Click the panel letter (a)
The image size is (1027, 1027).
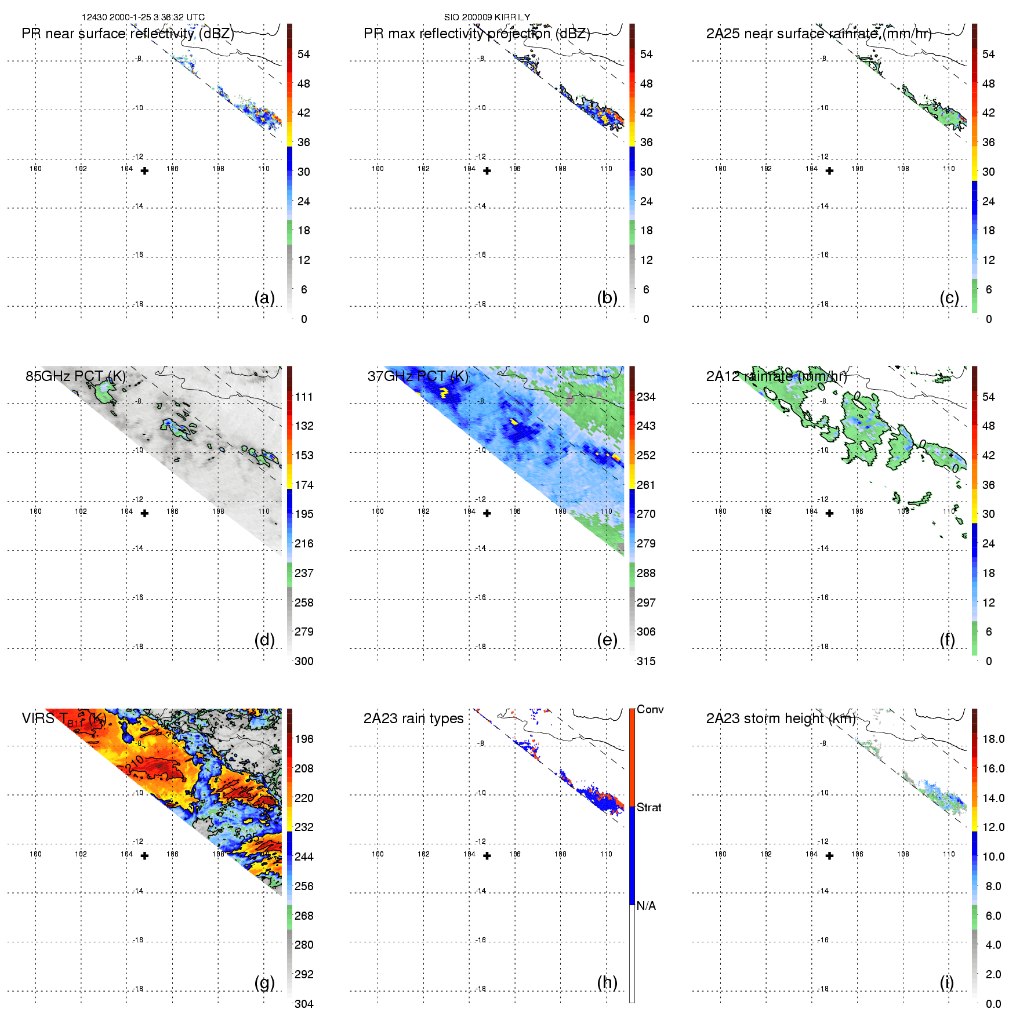(x=264, y=297)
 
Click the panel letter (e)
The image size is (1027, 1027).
(x=607, y=640)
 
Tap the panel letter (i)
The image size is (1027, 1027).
(x=946, y=982)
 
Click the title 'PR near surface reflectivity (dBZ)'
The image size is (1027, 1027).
(x=128, y=34)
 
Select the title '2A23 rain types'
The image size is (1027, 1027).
(x=413, y=718)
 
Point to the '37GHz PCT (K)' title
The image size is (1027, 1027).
(x=418, y=376)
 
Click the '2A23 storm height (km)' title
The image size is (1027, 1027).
(x=781, y=718)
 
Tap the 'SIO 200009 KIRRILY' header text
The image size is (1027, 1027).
(x=487, y=17)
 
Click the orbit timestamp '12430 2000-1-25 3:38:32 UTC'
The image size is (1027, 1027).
(x=143, y=17)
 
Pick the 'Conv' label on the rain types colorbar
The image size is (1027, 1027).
(x=650, y=709)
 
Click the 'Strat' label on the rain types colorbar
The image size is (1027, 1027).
(x=649, y=807)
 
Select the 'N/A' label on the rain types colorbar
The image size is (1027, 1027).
(x=646, y=906)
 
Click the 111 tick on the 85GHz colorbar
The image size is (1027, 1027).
(x=304, y=397)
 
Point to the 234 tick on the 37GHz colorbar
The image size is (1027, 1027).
(x=646, y=397)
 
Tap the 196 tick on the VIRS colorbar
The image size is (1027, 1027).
(x=304, y=739)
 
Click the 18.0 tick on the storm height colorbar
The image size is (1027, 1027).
(x=993, y=739)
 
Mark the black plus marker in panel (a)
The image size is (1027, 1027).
(x=145, y=171)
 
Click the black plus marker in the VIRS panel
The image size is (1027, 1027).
(x=145, y=856)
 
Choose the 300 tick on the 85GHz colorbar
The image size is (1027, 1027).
(x=304, y=661)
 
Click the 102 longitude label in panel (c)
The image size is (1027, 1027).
(x=766, y=169)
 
